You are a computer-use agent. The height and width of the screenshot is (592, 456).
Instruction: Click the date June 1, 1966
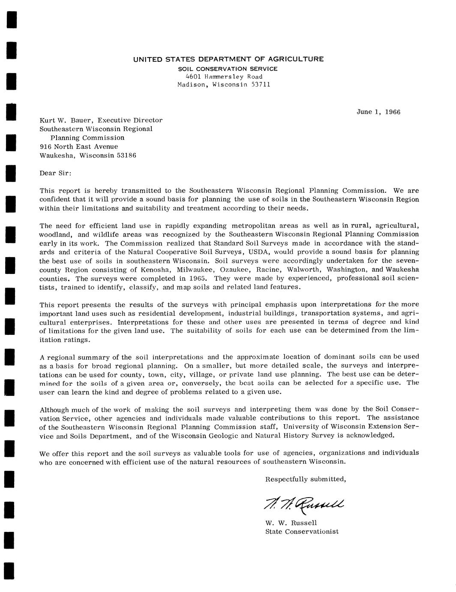click(378, 112)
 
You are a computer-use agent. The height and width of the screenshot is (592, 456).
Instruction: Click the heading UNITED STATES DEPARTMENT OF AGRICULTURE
click(228, 59)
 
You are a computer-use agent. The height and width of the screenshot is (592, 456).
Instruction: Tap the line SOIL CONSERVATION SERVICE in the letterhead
click(228, 69)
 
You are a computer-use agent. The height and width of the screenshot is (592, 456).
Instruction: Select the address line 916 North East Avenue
click(78, 146)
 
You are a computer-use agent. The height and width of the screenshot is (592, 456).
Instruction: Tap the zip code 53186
click(126, 155)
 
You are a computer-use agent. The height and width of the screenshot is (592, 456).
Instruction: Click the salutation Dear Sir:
click(55, 173)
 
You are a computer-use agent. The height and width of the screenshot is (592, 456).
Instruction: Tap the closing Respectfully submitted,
click(305, 479)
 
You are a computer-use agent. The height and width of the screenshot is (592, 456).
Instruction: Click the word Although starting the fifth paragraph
click(54, 409)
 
